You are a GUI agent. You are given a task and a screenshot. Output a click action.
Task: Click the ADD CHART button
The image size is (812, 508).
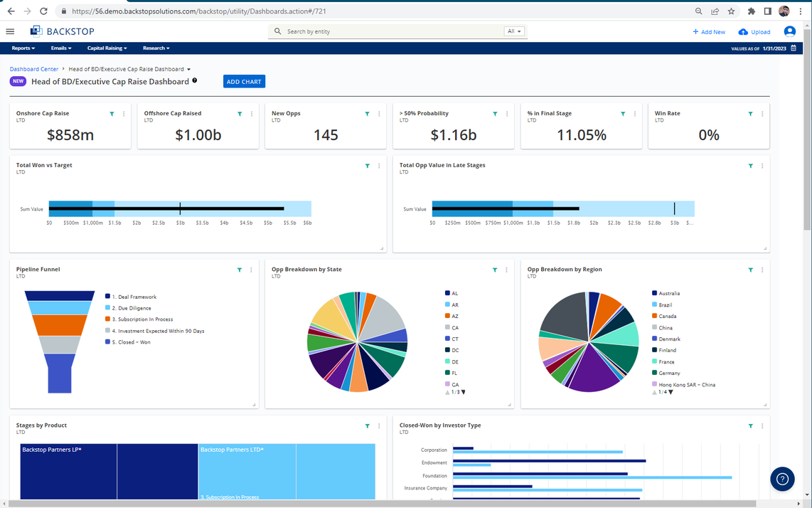244,82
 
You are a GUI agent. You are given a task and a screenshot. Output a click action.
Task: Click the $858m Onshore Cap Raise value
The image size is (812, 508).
70,135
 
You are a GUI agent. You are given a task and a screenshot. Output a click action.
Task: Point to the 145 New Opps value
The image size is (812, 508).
326,135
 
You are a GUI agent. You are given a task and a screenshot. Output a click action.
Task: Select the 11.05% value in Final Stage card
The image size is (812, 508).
582,135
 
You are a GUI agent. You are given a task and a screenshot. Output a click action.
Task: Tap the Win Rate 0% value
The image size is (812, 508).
709,135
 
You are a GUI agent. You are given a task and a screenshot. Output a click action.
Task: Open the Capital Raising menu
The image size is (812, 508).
107,48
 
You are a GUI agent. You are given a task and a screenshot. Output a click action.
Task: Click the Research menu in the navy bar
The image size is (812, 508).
156,48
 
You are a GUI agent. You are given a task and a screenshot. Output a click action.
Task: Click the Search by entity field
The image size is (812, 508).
391,31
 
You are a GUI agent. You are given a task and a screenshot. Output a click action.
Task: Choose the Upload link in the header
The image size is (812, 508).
755,32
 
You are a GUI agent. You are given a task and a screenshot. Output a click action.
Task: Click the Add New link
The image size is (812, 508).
709,32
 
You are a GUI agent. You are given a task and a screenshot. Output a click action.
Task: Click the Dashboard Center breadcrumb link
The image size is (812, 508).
34,69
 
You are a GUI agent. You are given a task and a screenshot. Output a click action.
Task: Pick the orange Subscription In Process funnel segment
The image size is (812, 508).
60,325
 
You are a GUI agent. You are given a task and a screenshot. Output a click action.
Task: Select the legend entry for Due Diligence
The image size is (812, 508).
134,308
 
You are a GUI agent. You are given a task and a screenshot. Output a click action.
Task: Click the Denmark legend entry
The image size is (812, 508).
669,339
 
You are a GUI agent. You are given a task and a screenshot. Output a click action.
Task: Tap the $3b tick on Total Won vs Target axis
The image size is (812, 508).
180,223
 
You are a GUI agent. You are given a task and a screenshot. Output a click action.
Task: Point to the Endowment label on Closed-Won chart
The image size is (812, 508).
434,463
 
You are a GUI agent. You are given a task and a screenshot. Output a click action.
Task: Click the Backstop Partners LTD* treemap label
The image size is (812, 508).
232,450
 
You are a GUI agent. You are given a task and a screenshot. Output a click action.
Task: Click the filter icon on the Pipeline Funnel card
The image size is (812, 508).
240,270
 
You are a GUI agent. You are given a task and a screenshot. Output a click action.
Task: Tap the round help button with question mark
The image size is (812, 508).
782,479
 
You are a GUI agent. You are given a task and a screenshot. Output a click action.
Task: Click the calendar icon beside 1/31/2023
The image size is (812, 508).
794,48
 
